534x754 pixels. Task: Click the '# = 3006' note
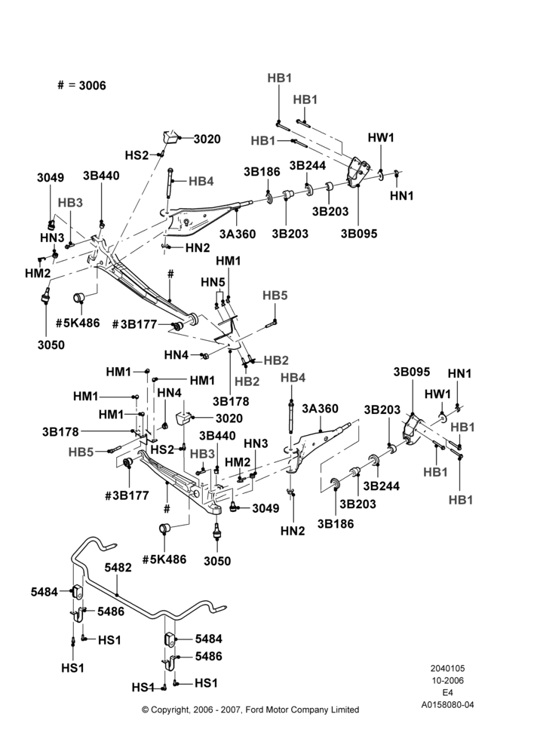pyautogui.click(x=81, y=86)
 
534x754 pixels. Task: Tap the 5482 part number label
pyautogui.click(x=118, y=568)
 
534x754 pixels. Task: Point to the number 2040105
pyautogui.click(x=447, y=668)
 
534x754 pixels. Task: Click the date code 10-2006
pyautogui.click(x=447, y=680)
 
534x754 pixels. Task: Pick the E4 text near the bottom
pyautogui.click(x=447, y=693)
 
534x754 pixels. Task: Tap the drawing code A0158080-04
pyautogui.click(x=447, y=706)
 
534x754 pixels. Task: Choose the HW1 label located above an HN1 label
pyautogui.click(x=381, y=137)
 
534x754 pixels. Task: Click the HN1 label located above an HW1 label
pyautogui.click(x=460, y=373)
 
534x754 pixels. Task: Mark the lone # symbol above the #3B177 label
pyautogui.click(x=170, y=274)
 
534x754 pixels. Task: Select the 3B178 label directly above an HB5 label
pyautogui.click(x=60, y=432)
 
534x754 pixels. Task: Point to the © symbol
pyautogui.click(x=146, y=710)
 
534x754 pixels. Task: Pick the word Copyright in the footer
pyautogui.click(x=169, y=710)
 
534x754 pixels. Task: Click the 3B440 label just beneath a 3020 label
pyautogui.click(x=217, y=436)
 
